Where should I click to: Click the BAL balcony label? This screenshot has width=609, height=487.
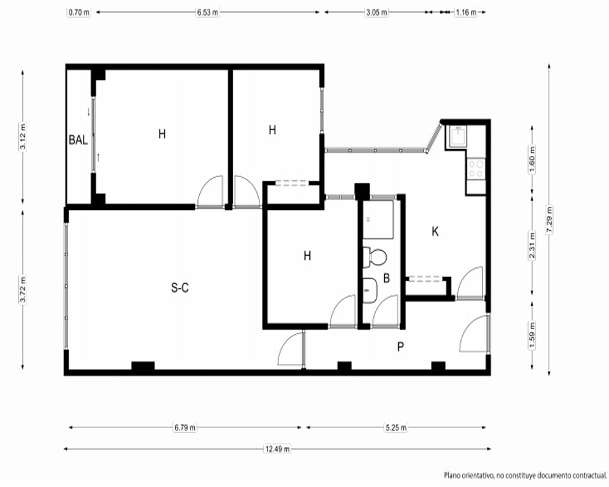78,140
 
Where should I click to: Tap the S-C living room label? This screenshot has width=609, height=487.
180,288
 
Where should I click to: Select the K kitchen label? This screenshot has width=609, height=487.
435,231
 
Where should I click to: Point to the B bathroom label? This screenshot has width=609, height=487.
387,278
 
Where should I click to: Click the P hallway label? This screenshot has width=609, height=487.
401,346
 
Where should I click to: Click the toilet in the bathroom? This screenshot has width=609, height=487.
375,257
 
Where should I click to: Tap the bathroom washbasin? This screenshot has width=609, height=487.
370,290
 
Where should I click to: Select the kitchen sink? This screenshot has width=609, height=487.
459,136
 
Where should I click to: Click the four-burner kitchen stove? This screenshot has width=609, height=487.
476,169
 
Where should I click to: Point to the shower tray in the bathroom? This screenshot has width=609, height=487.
378,219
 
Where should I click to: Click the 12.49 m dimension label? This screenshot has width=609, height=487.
277,449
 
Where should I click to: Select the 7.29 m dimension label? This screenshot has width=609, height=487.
549,219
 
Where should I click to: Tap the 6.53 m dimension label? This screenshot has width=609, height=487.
208,12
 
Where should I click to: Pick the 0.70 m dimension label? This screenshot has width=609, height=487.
79,12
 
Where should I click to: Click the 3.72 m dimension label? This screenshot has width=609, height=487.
23,289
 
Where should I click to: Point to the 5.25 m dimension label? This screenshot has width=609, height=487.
396,427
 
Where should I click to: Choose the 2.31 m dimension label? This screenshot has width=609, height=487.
532,245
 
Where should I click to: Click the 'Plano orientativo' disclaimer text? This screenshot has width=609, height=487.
526,475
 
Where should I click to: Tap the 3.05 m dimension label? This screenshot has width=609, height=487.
377,12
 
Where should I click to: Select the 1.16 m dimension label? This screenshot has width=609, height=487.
466,12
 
